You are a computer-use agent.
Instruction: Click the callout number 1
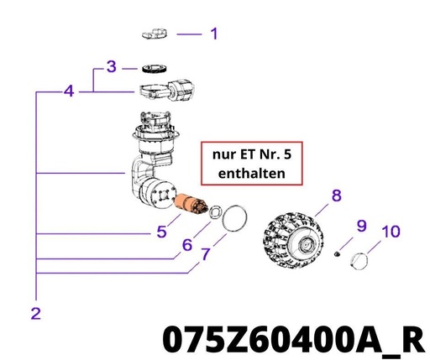[214, 34]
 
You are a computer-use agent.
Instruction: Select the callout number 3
[112, 67]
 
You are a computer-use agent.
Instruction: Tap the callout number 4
[69, 91]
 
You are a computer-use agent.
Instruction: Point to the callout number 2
[36, 314]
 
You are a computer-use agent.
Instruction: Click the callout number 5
[161, 232]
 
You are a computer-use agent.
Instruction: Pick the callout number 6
[187, 245]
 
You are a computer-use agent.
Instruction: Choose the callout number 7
[206, 254]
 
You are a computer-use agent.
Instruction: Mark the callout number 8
[337, 196]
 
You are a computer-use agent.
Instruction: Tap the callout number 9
[361, 226]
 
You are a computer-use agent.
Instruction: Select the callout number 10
[391, 232]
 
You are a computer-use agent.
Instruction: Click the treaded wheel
[293, 241]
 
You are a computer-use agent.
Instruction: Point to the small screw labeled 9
[337, 254]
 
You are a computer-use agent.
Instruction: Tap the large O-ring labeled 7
[224, 218]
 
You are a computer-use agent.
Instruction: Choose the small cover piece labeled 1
[155, 34]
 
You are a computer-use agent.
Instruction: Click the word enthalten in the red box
[252, 173]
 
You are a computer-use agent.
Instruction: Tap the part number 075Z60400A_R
[294, 340]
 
